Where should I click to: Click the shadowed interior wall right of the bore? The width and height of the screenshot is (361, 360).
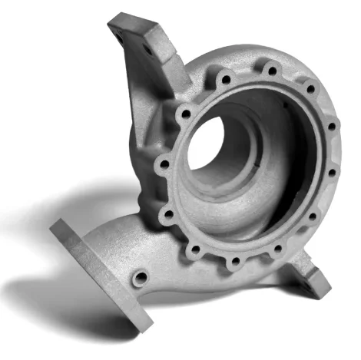(273, 161)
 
